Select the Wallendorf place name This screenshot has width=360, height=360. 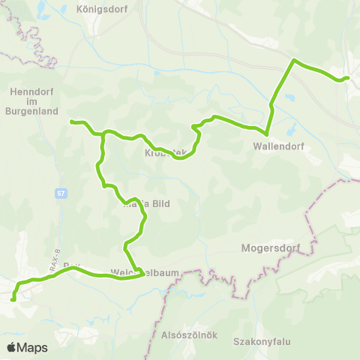click(278, 146)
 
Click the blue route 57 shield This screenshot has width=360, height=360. click(60, 193)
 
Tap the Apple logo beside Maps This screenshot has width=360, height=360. click(12, 347)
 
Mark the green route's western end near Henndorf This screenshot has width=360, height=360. click(71, 121)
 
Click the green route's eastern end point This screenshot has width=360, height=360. click(346, 77)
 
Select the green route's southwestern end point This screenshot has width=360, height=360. click(13, 300)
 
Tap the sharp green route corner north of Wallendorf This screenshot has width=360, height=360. click(293, 60)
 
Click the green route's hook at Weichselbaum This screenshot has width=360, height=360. click(142, 273)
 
